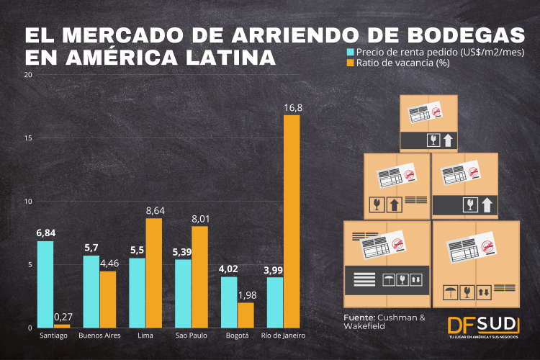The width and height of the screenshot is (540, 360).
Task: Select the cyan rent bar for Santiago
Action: (x=45, y=284)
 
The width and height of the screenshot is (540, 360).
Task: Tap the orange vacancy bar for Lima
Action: (x=153, y=273)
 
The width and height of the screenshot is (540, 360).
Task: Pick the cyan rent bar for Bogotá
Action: (x=229, y=302)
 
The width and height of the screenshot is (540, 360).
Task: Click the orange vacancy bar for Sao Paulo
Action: (x=199, y=277)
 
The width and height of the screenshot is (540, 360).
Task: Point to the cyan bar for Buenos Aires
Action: (x=91, y=292)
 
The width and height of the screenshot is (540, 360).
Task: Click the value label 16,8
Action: (x=292, y=108)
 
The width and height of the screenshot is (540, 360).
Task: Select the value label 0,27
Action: (x=63, y=317)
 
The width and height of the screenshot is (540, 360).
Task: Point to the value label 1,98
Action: (x=246, y=294)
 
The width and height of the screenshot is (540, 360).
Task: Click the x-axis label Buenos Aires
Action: (x=99, y=336)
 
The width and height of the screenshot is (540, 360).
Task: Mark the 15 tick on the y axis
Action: (x=28, y=138)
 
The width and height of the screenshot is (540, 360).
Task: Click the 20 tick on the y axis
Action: (x=28, y=75)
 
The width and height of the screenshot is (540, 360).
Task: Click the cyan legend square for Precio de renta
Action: (x=351, y=52)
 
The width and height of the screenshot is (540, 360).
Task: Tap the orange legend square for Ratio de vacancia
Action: (x=351, y=63)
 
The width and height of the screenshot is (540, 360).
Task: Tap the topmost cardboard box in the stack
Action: (x=429, y=122)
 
